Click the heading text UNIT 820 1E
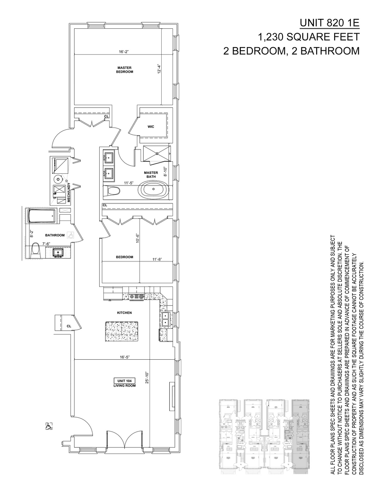[329, 23]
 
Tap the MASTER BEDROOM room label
[124, 70]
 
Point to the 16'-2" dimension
[124, 52]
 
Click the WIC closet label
[151, 127]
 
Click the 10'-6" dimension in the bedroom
[137, 237]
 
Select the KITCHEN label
[124, 313]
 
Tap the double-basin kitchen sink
[165, 319]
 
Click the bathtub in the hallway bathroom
[41, 217]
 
